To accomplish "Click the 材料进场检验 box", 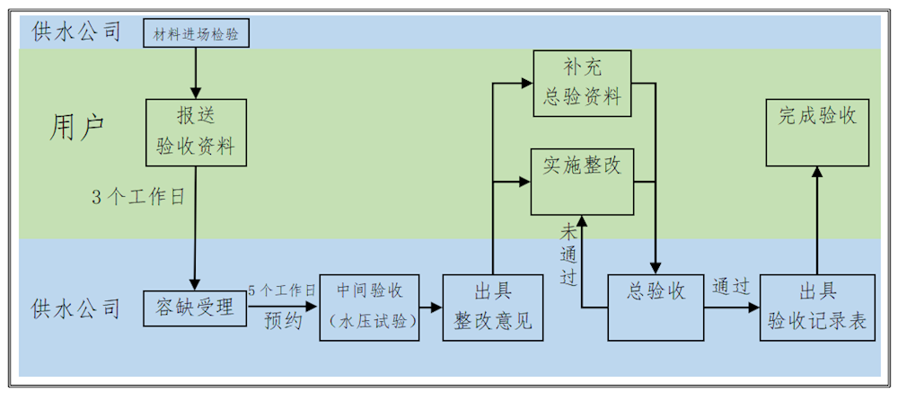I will [196, 33].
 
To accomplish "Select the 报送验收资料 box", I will [195, 132].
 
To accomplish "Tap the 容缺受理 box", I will [195, 308].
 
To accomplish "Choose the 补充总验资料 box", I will [580, 83].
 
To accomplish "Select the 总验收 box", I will [655, 307].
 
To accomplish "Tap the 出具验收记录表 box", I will [816, 307].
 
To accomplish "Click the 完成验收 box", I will [817, 132].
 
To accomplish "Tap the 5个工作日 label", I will [281, 290].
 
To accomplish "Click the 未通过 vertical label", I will [568, 253].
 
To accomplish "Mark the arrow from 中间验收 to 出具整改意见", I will [433, 308].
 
